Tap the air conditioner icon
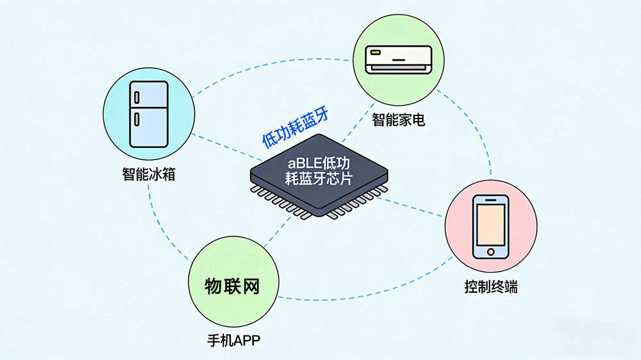[398, 59]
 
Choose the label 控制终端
[491, 286]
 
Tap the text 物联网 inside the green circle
[233, 286]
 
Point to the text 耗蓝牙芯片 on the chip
[319, 179]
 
